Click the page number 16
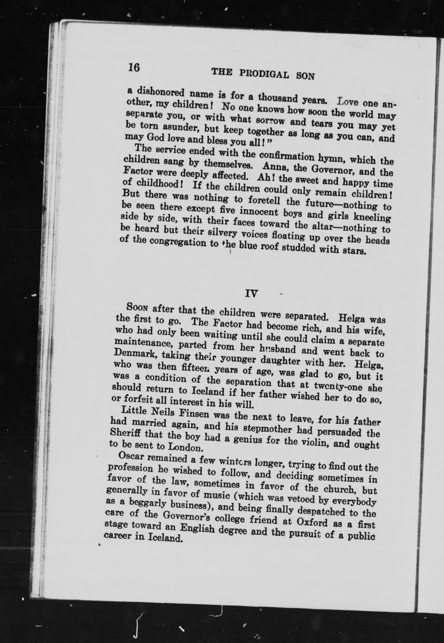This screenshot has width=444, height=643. pyautogui.click(x=133, y=67)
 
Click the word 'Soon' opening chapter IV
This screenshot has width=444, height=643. pyautogui.click(x=138, y=307)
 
